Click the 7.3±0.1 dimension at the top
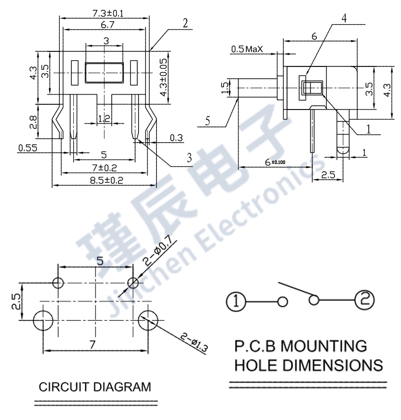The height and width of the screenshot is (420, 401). point(105,12)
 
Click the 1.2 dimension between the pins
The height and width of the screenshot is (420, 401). point(104,119)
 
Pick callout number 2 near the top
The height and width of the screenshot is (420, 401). point(185,23)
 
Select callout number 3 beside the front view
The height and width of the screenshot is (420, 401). point(190,156)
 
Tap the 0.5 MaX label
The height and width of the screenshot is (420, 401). point(247,49)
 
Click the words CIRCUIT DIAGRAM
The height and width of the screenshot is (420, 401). point(96,387)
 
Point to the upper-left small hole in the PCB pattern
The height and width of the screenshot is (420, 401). point(58,282)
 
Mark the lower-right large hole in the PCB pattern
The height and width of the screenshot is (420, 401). point(148,320)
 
